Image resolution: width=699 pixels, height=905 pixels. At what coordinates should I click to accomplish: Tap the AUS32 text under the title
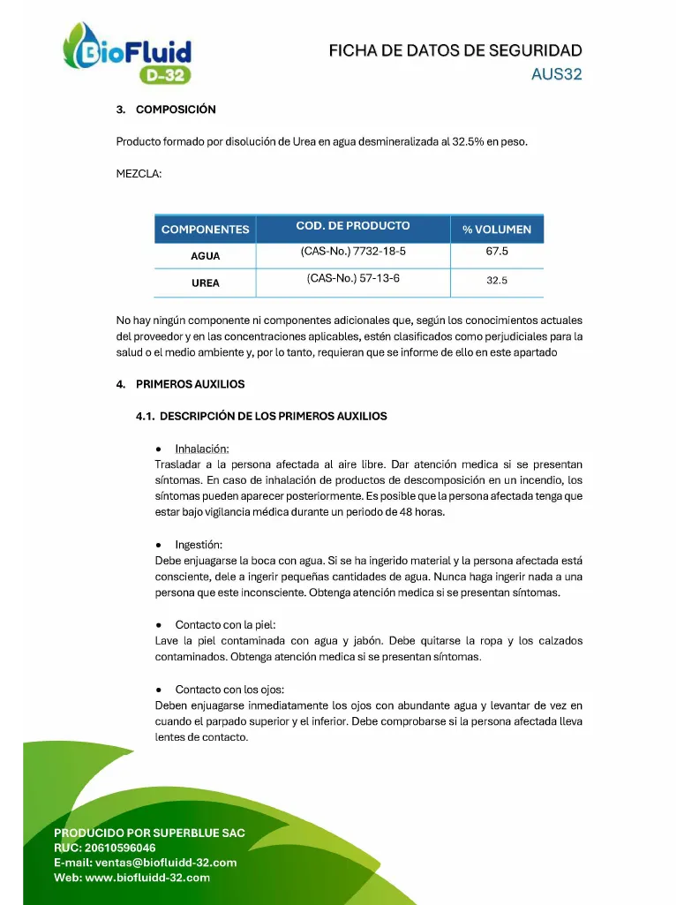[x=556, y=73]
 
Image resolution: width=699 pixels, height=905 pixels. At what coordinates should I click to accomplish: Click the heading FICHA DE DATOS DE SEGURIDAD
[x=455, y=50]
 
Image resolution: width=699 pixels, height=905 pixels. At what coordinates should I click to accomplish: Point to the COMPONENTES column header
[x=205, y=230]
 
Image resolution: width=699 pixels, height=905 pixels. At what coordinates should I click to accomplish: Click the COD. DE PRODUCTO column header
[x=353, y=226]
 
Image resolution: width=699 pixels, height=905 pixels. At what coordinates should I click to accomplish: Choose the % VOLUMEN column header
[x=497, y=230]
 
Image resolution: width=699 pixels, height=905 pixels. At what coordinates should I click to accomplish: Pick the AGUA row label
[x=205, y=256]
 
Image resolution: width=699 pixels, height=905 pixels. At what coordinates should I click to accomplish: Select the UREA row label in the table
[x=205, y=283]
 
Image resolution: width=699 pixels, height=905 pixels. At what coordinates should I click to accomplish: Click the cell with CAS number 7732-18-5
[x=353, y=253]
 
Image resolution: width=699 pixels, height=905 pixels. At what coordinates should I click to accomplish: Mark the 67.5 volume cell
[x=497, y=252]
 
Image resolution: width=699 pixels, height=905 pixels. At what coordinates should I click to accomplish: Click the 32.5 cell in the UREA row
[x=497, y=283]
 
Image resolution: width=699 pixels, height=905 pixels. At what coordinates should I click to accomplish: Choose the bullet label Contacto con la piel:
[x=219, y=625]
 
